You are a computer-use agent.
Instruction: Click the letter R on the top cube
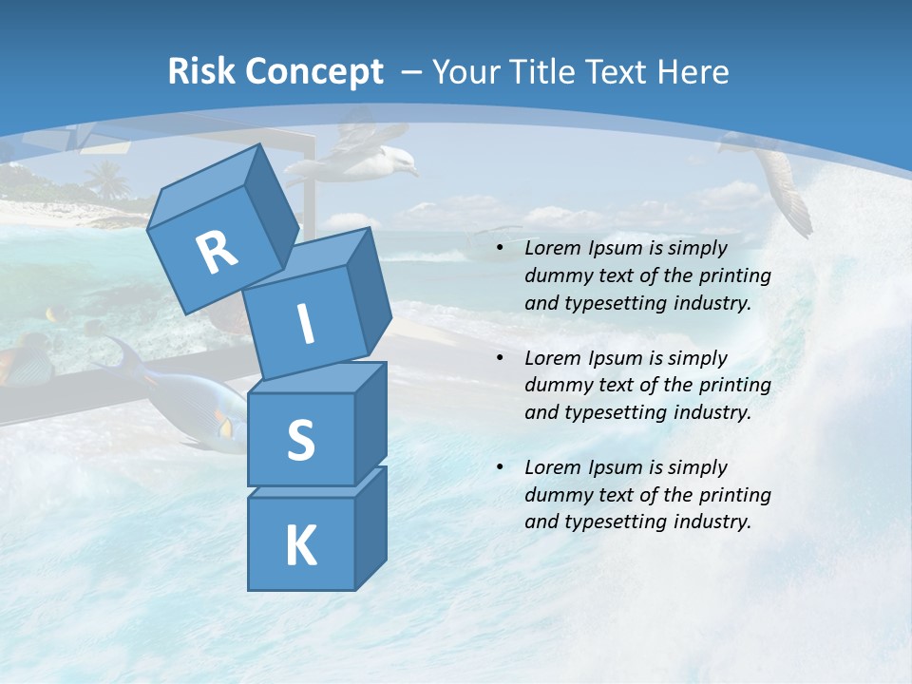click(217, 252)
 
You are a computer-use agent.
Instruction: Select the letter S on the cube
click(300, 441)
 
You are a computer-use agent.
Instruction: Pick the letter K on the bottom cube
click(300, 546)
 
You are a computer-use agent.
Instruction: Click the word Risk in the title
click(202, 71)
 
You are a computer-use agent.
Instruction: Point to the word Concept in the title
click(314, 73)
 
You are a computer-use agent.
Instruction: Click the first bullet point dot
click(501, 249)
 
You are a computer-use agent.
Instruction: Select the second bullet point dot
click(501, 359)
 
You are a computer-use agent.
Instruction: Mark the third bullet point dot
click(501, 468)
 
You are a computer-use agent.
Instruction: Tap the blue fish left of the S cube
click(180, 389)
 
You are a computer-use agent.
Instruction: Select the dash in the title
click(412, 71)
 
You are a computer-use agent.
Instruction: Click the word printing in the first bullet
click(734, 276)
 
